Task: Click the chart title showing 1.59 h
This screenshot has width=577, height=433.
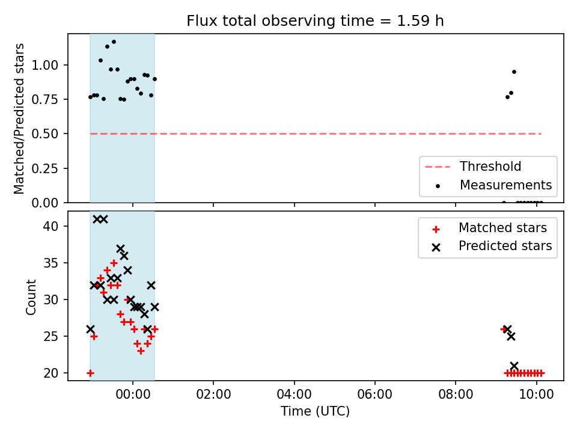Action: point(315,20)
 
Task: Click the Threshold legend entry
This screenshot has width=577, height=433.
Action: point(473,167)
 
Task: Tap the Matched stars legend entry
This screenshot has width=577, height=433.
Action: point(489,228)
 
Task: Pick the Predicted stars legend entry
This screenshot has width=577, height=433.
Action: point(492,246)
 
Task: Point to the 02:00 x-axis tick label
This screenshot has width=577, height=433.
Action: point(213,395)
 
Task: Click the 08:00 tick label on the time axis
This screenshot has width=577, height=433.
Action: point(456,395)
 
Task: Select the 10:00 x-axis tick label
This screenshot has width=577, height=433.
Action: point(536,395)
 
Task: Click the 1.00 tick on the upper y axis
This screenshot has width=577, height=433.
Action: point(45,65)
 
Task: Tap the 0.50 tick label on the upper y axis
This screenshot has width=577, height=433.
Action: point(45,134)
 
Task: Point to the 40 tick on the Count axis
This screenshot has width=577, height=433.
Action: point(50,226)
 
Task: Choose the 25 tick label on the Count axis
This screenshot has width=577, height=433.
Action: point(50,336)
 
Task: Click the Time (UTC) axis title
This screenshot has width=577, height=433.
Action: point(316,411)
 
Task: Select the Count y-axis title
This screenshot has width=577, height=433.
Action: point(31,297)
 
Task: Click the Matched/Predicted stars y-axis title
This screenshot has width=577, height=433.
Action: point(19,118)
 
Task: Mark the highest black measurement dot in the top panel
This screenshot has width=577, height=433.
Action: point(114,42)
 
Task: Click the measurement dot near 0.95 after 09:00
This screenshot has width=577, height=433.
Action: point(514,72)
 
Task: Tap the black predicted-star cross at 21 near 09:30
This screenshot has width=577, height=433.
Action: point(514,366)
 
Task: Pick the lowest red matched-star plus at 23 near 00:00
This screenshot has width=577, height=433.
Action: point(141,351)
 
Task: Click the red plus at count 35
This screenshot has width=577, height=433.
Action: point(114,263)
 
